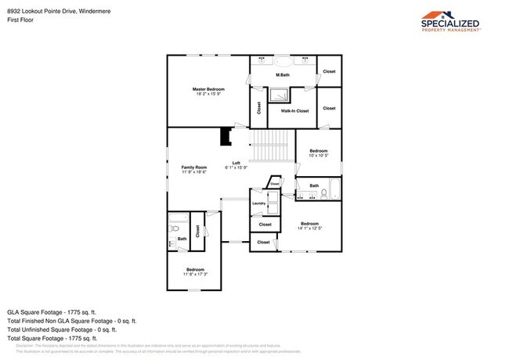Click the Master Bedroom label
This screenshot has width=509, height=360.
208,90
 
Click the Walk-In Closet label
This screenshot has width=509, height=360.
294,111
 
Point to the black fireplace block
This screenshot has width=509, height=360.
226,137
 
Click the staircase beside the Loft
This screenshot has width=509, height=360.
271,145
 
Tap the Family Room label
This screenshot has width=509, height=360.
194,167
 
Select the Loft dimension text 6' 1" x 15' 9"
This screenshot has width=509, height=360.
236,167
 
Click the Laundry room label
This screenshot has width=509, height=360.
258,203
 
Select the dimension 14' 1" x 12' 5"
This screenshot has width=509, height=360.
311,229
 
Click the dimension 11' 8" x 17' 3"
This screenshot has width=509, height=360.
194,274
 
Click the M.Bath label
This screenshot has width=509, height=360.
283,74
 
